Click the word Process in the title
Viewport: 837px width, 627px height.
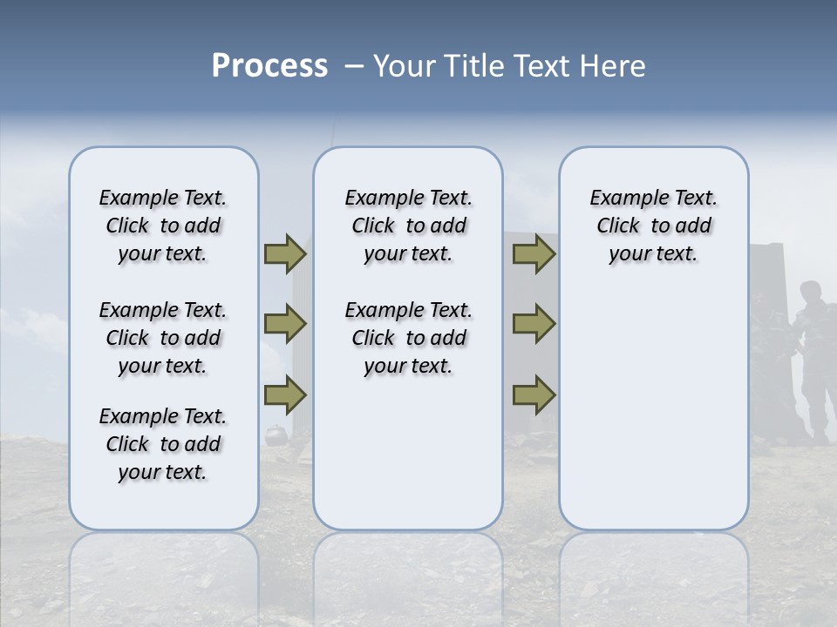point(269,66)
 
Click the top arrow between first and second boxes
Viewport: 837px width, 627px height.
point(285,253)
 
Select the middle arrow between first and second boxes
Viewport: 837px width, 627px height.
point(285,324)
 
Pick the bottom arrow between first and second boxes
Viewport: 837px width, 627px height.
point(285,394)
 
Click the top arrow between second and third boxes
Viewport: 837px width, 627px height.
point(534,253)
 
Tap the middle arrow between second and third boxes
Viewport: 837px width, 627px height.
point(534,324)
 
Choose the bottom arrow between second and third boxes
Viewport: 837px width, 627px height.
point(534,394)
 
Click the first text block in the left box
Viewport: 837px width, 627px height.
point(163,226)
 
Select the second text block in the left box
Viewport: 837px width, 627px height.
point(163,338)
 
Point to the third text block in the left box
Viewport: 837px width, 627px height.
point(163,444)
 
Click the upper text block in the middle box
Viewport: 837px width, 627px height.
point(408,226)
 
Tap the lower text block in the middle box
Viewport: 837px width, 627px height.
point(408,338)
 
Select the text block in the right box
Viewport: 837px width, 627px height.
point(653,226)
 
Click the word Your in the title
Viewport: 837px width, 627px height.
point(403,66)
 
